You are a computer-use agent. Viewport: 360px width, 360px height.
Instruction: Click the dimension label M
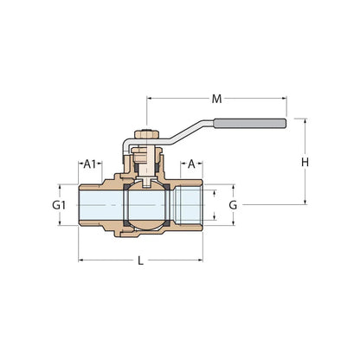point(217,98)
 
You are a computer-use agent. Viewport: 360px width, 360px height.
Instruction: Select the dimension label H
point(305,163)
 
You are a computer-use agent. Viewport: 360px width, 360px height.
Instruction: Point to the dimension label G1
point(59,205)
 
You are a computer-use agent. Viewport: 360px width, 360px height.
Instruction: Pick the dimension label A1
point(89,163)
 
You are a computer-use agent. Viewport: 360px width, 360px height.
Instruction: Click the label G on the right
point(232,205)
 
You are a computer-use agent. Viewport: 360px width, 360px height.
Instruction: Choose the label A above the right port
point(192,163)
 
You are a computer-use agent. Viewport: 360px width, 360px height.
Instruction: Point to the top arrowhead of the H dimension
point(305,122)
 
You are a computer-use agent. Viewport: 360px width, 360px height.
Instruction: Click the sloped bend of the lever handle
point(183,133)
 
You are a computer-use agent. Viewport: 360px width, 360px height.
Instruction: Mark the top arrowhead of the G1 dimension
point(59,188)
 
